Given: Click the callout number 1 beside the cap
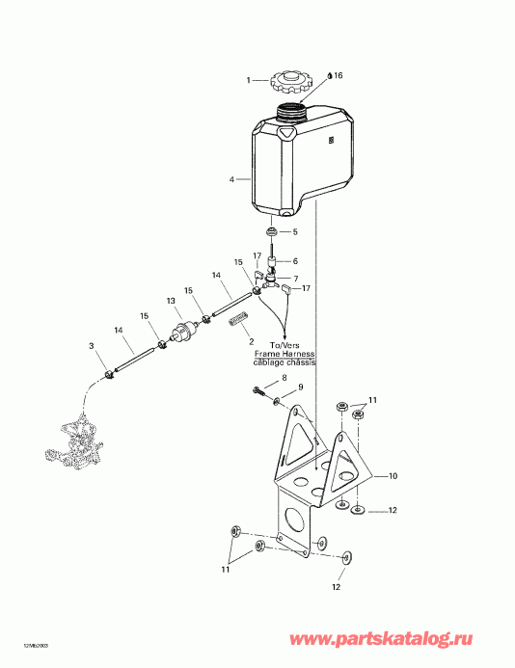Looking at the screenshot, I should (x=247, y=80).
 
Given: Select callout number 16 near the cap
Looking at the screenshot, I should (x=338, y=74).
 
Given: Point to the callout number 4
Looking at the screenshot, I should (x=232, y=179).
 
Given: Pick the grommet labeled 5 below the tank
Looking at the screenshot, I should (x=272, y=232).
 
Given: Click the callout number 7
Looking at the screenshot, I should (x=295, y=280).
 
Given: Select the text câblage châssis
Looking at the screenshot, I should (x=284, y=361).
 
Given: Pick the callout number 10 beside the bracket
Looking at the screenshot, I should (x=393, y=476).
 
